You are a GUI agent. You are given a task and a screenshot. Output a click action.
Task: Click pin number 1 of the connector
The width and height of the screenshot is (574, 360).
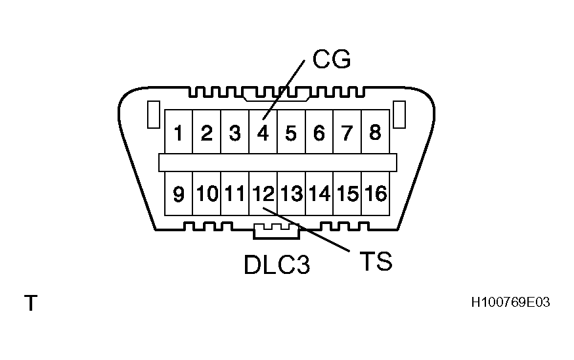click(178, 133)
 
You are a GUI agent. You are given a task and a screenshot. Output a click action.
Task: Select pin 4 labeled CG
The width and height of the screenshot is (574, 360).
click(263, 133)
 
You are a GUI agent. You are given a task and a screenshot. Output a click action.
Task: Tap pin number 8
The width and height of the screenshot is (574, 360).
click(375, 133)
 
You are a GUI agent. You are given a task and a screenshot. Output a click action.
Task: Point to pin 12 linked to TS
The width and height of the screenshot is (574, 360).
click(263, 194)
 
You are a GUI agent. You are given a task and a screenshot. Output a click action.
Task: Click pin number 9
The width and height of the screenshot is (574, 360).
click(178, 194)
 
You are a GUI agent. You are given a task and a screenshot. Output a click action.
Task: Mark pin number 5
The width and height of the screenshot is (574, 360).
click(291, 133)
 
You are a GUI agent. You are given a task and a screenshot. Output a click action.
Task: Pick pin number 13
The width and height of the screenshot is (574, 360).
click(291, 194)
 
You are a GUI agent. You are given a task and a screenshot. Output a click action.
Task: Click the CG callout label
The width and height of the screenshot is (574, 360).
click(332, 60)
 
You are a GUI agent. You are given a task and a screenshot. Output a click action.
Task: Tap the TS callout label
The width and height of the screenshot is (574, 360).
click(376, 261)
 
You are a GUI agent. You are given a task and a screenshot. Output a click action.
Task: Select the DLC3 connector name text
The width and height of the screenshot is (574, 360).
click(276, 265)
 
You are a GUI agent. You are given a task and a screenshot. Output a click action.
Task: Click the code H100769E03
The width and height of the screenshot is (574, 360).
click(510, 302)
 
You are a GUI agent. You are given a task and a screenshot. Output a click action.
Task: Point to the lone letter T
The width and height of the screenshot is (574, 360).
click(30, 304)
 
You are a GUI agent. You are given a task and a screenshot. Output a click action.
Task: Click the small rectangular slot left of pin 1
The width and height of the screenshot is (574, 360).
click(152, 114)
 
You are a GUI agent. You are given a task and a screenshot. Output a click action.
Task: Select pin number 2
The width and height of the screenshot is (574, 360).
click(206, 133)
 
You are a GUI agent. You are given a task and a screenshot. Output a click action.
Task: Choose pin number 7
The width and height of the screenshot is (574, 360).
click(347, 133)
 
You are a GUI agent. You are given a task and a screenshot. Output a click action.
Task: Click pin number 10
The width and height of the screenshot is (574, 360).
click(207, 194)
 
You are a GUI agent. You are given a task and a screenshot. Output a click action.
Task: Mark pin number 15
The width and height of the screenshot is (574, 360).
click(347, 194)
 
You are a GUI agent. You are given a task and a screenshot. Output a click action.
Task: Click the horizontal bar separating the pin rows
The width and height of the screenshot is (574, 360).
click(278, 162)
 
